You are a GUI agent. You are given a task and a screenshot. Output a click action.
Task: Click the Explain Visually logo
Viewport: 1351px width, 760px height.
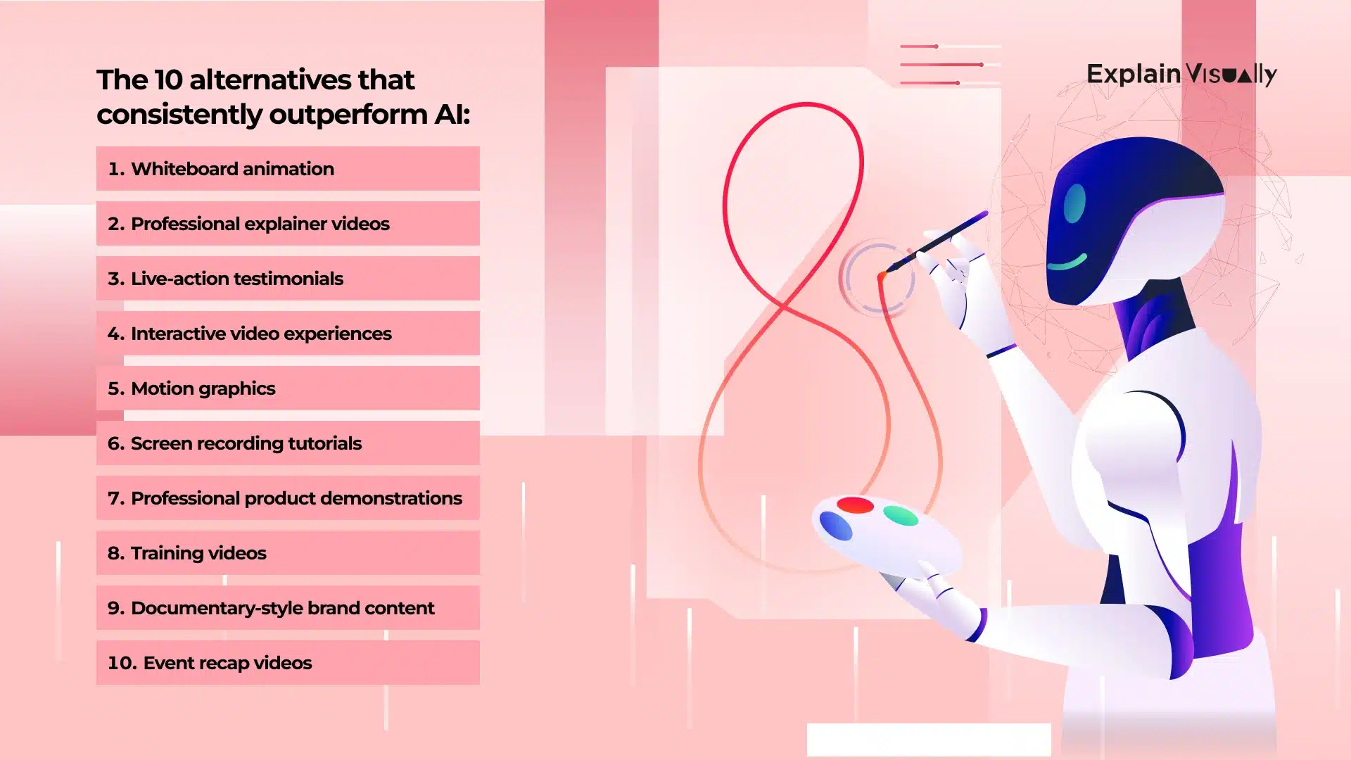1181,74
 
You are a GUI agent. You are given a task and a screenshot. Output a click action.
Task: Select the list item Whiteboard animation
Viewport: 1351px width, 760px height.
287,169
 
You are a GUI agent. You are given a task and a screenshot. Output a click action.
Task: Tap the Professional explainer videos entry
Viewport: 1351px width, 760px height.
287,224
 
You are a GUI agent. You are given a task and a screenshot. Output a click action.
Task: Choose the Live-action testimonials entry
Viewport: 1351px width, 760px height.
287,279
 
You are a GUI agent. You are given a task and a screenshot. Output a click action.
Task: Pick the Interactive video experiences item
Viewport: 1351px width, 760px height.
287,334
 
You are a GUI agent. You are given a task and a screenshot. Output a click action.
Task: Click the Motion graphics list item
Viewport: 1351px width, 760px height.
287,388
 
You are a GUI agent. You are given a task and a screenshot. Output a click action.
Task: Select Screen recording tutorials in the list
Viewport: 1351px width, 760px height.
287,443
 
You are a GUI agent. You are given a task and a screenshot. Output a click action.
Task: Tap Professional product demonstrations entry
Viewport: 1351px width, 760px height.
287,498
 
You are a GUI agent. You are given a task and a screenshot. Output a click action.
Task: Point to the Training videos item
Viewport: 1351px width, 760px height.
287,553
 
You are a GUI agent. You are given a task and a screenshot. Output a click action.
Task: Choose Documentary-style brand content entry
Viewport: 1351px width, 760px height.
287,608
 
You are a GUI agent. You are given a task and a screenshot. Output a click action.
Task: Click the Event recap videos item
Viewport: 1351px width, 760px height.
287,663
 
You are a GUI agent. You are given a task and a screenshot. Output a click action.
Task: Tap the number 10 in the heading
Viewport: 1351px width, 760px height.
168,80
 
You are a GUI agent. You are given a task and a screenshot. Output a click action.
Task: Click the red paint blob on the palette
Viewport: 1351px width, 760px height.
855,505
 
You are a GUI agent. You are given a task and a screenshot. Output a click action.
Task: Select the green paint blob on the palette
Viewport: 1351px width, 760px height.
901,516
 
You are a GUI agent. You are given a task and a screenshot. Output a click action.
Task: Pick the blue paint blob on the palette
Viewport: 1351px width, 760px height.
836,526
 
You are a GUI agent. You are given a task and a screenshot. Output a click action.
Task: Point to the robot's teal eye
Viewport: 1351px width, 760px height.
1074,203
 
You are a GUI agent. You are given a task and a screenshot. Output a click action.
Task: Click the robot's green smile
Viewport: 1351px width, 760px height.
1067,263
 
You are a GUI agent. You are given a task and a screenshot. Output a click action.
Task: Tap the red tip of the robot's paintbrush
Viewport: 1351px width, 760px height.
882,277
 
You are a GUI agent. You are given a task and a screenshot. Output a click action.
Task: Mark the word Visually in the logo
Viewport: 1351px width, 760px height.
1231,75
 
